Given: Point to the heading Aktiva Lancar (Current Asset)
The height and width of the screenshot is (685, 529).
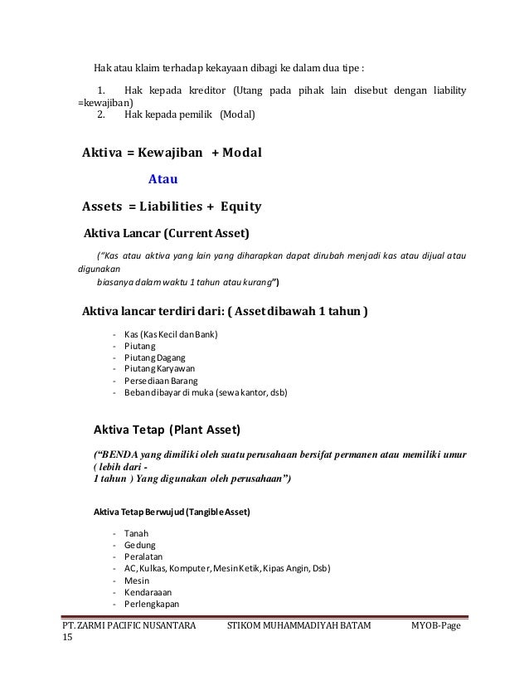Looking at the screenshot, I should [167, 231].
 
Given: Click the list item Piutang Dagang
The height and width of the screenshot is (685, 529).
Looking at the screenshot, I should [154, 357].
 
